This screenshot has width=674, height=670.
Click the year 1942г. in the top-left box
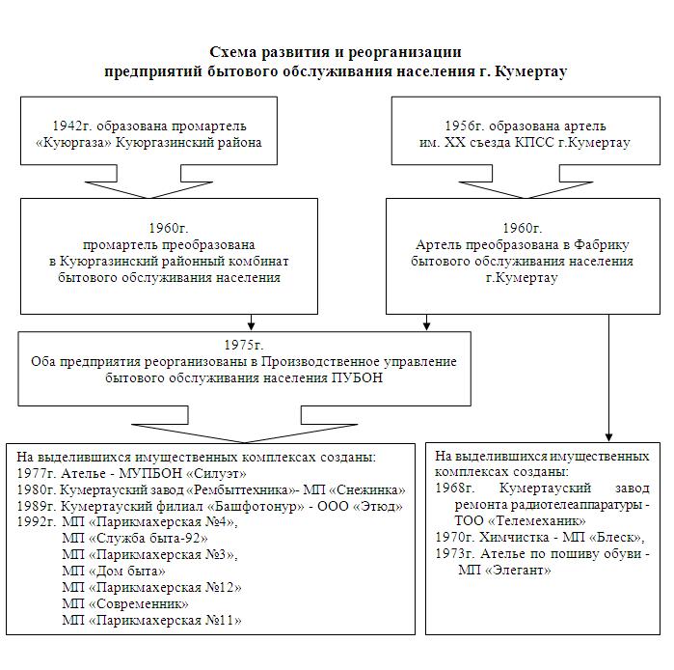[x=72, y=126]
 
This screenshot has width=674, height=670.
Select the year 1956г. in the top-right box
[x=464, y=126]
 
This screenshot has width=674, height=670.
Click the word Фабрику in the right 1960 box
[x=603, y=245]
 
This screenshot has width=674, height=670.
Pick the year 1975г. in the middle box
[x=244, y=345]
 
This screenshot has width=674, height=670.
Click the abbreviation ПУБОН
[x=357, y=377]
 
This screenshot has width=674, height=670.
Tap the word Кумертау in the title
[x=531, y=71]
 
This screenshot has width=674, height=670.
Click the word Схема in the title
[x=233, y=52]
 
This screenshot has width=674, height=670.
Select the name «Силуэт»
[x=217, y=474]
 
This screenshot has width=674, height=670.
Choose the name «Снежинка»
[x=368, y=490]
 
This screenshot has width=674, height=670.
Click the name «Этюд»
[x=378, y=507]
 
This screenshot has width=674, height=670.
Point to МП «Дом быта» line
[x=114, y=572]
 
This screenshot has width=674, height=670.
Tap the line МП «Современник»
[x=125, y=604]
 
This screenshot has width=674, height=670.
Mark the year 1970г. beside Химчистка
[x=455, y=538]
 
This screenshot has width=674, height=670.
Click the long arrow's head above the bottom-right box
[x=608, y=436]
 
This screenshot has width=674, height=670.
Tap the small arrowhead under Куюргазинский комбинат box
[x=252, y=325]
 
